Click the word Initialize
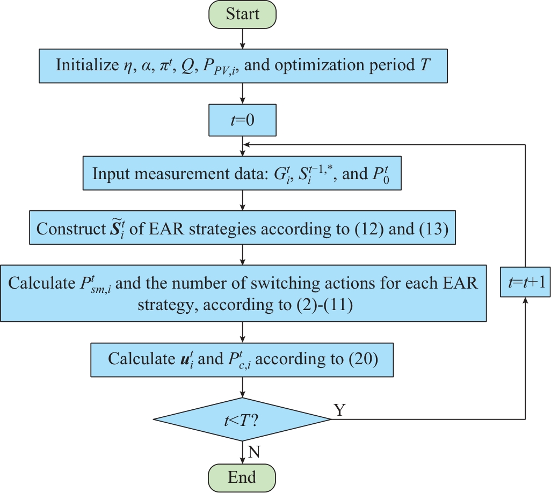[x=85, y=65]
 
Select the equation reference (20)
[x=363, y=358]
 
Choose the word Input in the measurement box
[x=107, y=174]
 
